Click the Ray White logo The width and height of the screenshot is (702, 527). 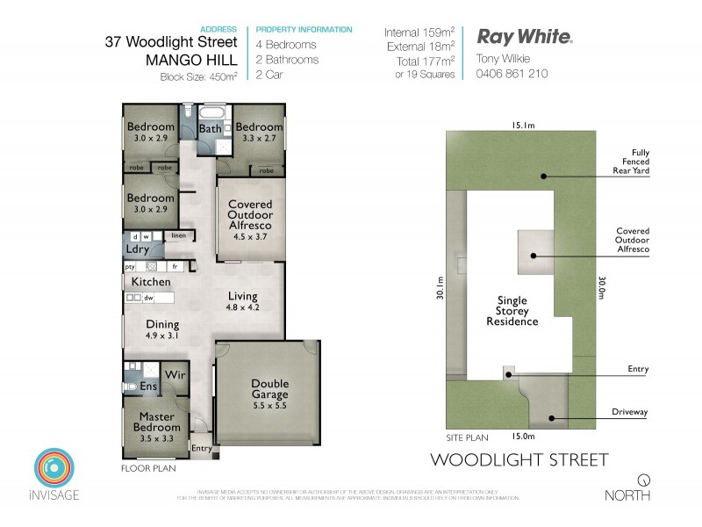[x=524, y=37]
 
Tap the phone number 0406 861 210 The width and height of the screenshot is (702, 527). [x=512, y=74]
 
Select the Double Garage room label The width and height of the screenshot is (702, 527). [x=269, y=389]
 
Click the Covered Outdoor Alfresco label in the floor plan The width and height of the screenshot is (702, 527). [x=250, y=214]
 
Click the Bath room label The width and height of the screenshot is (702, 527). [x=210, y=129]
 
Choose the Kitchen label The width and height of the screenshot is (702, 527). [x=151, y=282]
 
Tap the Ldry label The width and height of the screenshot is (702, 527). [x=138, y=249]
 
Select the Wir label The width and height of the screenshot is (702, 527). [x=175, y=373]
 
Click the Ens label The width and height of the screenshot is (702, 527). [x=149, y=386]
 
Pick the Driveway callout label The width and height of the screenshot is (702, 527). [x=631, y=412]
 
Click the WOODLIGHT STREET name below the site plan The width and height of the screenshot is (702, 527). [x=519, y=459]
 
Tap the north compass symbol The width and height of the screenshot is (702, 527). [x=644, y=480]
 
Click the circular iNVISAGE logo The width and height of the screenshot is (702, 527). [x=57, y=470]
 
